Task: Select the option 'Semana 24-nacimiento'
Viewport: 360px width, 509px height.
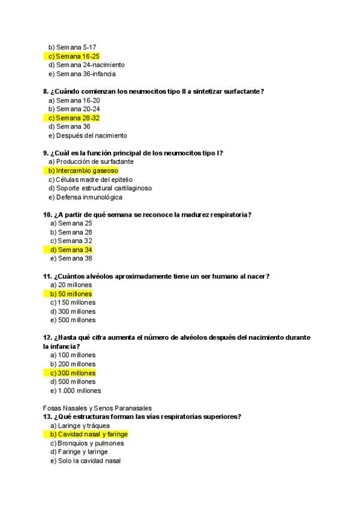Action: pyautogui.click(x=90, y=65)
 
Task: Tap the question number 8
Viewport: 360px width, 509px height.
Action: pyautogui.click(x=46, y=91)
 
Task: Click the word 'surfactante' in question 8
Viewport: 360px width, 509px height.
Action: pyautogui.click(x=243, y=91)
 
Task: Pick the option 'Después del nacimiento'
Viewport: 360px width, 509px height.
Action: pyautogui.click(x=91, y=136)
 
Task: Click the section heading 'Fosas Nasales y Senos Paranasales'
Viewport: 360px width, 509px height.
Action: pyautogui.click(x=97, y=408)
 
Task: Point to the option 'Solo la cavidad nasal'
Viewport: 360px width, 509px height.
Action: pyautogui.click(x=89, y=461)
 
